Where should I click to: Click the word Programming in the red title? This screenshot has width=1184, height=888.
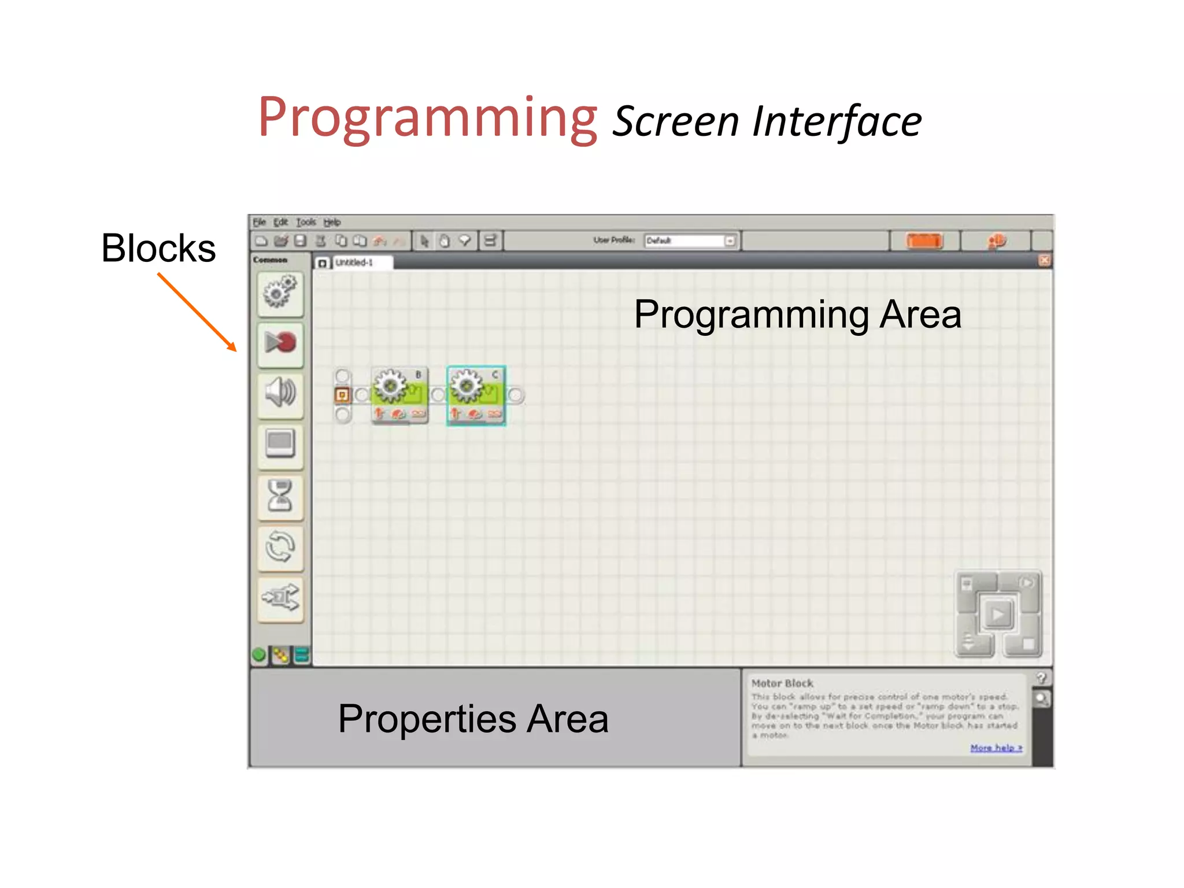427,118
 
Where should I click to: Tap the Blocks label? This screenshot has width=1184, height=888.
158,248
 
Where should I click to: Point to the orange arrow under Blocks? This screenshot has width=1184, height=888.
197,312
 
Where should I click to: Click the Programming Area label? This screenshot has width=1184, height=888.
797,314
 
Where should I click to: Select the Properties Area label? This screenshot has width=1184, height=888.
473,719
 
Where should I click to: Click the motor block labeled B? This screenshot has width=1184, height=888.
399,395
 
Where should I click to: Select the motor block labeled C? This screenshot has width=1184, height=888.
476,395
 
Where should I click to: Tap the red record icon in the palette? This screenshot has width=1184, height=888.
280,343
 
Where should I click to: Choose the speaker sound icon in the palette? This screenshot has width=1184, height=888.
280,393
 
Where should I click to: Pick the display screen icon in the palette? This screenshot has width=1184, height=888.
280,444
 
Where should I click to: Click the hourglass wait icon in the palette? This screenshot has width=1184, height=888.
280,495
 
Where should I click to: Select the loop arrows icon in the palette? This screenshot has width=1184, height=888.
280,547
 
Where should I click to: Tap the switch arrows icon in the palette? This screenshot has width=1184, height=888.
280,598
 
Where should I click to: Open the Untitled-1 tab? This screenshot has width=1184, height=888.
354,262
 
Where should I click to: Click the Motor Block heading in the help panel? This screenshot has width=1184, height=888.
782,683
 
